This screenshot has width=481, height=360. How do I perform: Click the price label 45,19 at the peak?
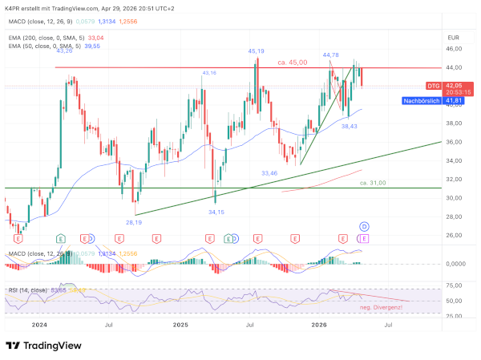point(257,51)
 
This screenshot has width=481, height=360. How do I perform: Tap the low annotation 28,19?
point(133,222)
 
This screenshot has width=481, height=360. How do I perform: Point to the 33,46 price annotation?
point(269,173)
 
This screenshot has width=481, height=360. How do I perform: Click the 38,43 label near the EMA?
point(349,126)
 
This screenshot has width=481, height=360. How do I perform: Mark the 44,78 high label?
point(331,55)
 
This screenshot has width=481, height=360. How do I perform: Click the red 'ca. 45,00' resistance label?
point(293,63)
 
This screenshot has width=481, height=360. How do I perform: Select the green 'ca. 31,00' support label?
point(373,183)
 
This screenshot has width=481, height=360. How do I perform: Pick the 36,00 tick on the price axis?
point(455,142)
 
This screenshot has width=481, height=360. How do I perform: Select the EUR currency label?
point(453,38)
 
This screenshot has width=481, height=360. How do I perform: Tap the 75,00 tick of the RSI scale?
point(454,285)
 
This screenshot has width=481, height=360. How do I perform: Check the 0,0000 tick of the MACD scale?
point(455,263)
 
